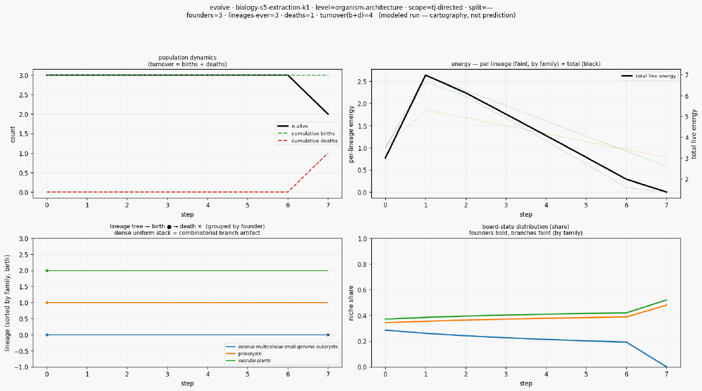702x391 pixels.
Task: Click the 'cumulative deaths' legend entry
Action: click(307, 141)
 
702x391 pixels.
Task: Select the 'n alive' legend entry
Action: click(293, 126)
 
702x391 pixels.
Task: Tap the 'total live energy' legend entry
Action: click(649, 76)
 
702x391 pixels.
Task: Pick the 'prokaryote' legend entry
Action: click(243, 353)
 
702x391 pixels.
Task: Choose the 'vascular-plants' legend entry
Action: click(248, 361)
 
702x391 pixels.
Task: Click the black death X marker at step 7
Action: click(328, 335)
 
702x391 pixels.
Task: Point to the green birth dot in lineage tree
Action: click(47, 271)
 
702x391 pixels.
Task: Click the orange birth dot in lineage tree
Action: click(47, 303)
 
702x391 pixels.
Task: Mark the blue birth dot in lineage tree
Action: click(47, 335)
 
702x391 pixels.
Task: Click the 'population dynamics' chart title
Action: click(187, 57)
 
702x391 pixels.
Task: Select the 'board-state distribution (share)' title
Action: click(526, 227)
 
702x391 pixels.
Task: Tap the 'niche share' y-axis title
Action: click(351, 303)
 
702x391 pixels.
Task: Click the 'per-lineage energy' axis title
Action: click(351, 134)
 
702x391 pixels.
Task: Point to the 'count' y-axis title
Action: click(13, 134)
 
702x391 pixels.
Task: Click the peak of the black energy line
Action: click(425, 75)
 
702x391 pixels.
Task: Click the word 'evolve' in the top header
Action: click(220, 8)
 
